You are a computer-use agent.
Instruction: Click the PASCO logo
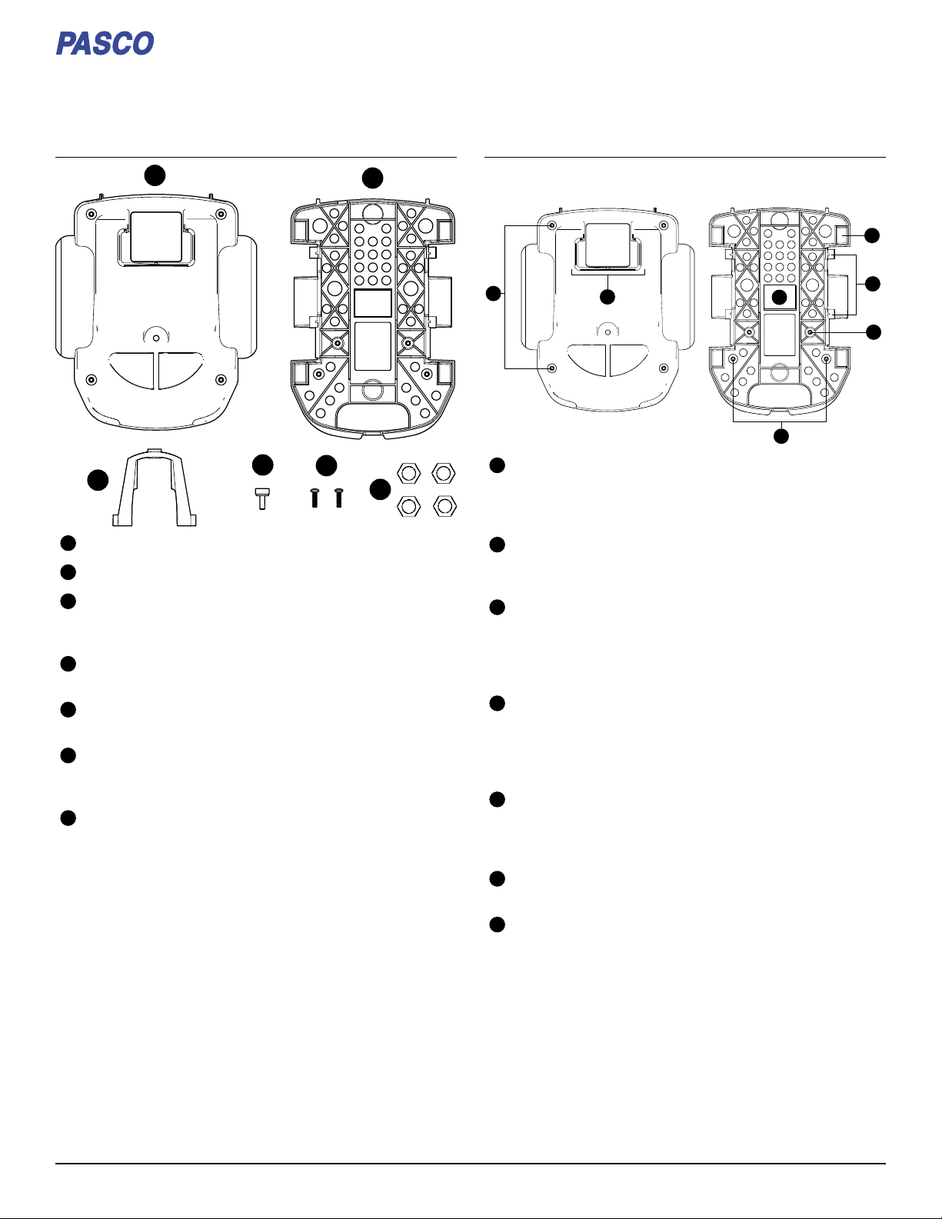point(105,43)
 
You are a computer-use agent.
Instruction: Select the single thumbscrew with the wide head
point(262,498)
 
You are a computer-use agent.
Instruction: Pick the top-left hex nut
point(409,474)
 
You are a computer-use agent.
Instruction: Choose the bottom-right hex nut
point(444,507)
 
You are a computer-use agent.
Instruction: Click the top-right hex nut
point(444,474)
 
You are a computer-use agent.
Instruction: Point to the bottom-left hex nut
point(409,507)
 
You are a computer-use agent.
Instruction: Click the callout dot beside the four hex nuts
point(380,490)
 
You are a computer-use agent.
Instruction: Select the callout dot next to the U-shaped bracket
point(98,481)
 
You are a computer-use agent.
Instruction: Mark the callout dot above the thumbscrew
point(262,465)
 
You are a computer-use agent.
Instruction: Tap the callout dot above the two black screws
point(326,465)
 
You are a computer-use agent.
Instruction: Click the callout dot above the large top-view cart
point(155,175)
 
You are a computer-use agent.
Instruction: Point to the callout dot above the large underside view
point(372,178)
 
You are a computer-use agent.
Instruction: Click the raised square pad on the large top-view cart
point(156,237)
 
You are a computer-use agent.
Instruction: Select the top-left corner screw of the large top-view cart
point(91,214)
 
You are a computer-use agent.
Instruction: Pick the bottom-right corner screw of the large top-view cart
point(221,380)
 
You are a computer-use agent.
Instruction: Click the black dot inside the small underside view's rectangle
point(780,298)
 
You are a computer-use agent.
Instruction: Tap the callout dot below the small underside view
point(781,436)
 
